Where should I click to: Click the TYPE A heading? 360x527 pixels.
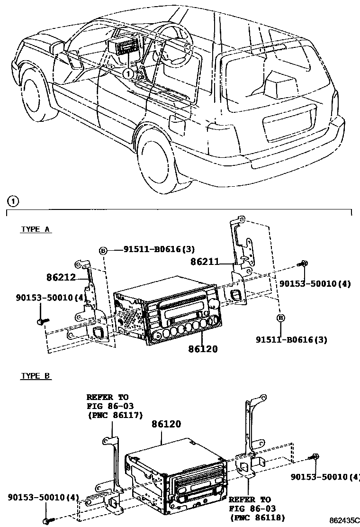(x=36, y=229)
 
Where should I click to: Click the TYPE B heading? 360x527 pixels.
(x=36, y=376)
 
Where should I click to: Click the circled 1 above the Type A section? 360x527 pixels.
(x=15, y=201)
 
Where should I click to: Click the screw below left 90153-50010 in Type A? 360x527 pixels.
(x=40, y=322)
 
